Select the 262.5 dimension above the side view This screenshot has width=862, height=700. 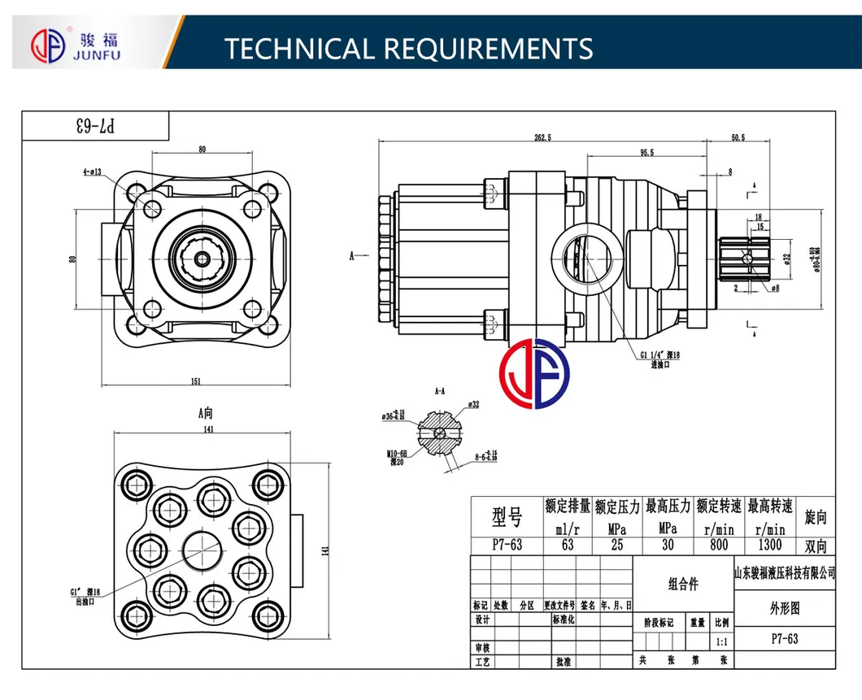[542, 137]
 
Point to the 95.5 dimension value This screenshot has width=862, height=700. [646, 152]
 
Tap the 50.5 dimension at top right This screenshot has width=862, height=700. [738, 137]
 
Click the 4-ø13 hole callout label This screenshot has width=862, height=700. [91, 172]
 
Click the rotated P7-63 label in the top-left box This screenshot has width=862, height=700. [96, 126]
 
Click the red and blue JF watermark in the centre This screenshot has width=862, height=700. [534, 375]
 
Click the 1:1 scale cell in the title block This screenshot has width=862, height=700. [721, 641]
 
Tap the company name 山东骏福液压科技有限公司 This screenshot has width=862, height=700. [784, 573]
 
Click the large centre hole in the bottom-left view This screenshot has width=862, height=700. [202, 553]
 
